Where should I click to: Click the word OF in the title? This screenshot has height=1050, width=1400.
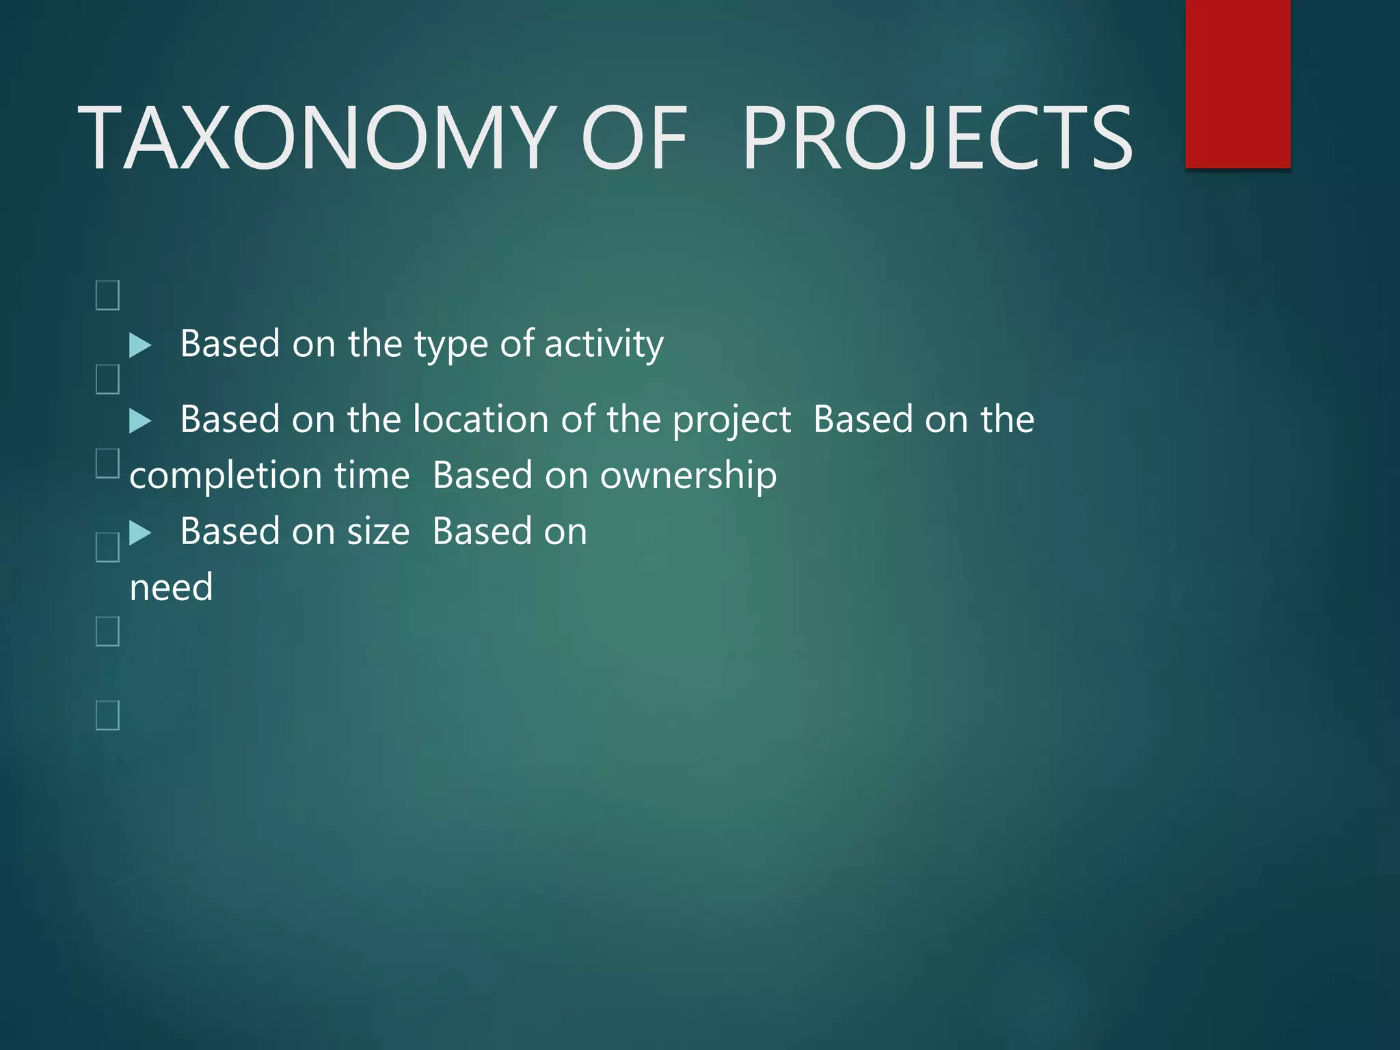(x=633, y=138)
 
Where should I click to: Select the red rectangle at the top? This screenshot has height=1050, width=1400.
(x=1237, y=83)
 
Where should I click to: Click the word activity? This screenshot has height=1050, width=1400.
(x=604, y=344)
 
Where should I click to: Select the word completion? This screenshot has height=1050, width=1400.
(x=225, y=476)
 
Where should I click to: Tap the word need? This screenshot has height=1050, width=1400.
(x=171, y=588)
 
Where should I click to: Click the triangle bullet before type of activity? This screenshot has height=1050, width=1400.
(x=140, y=345)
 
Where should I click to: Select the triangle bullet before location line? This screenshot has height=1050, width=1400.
(x=140, y=420)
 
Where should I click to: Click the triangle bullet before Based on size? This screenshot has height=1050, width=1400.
(x=140, y=533)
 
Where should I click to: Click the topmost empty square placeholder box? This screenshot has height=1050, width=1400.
(x=107, y=295)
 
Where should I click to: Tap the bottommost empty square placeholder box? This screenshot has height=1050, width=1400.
(x=107, y=715)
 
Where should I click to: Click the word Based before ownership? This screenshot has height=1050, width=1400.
(x=483, y=476)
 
